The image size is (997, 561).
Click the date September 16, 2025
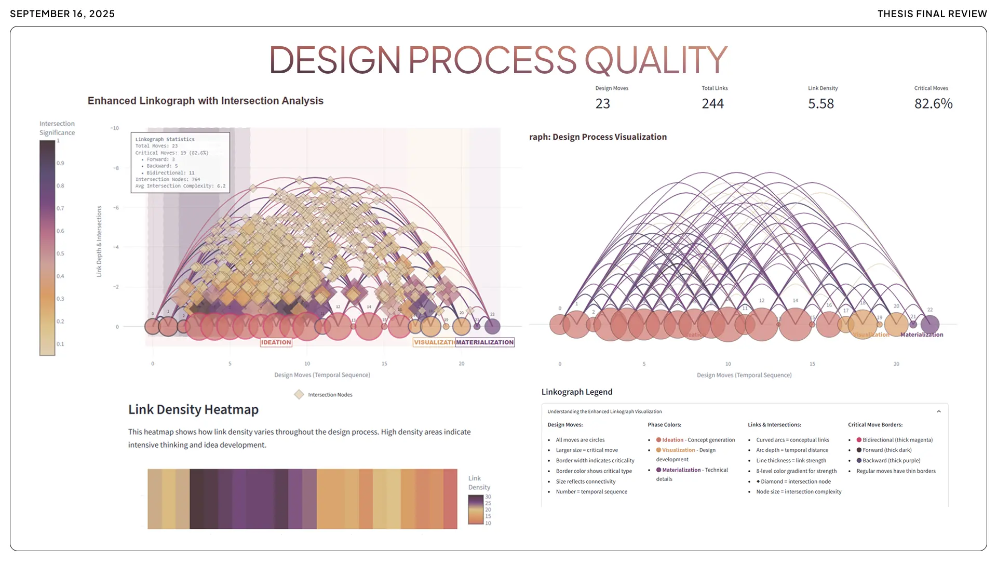click(62, 14)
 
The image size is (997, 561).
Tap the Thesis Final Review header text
click(932, 14)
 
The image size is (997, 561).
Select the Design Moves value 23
click(602, 104)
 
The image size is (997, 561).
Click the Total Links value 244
click(712, 104)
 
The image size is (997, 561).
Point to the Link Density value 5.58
click(820, 104)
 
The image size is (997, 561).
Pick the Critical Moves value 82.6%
click(933, 104)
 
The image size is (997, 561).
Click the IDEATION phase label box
click(276, 342)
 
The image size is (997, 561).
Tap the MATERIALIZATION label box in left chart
click(484, 342)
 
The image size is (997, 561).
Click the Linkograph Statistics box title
click(165, 139)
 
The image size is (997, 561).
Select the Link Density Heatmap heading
click(193, 410)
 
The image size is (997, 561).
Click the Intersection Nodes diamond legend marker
click(299, 395)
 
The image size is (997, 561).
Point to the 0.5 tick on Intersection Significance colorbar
click(60, 253)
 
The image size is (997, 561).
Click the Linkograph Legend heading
click(577, 392)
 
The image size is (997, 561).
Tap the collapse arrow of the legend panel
click(939, 411)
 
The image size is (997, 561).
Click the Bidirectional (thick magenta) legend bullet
click(859, 440)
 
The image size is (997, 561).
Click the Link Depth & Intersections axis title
click(99, 242)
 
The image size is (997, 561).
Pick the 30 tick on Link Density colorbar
click(488, 497)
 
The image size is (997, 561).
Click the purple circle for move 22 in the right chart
click(929, 324)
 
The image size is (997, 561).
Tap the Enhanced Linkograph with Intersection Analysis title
click(205, 101)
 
